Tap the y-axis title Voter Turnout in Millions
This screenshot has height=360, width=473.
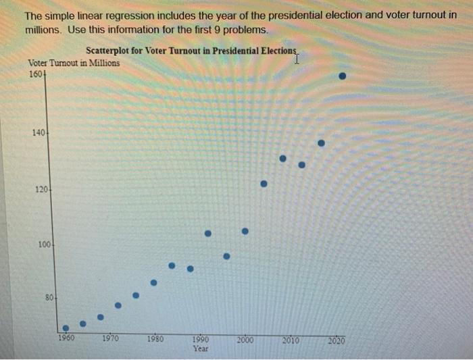(x=74, y=63)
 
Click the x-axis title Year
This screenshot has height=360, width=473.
(x=201, y=349)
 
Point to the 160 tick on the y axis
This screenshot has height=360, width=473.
(x=36, y=74)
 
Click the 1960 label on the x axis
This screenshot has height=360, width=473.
(x=66, y=340)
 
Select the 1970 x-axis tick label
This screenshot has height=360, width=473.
(x=110, y=340)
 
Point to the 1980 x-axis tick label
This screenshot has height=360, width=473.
(x=155, y=340)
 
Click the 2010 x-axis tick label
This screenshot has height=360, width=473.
(x=291, y=340)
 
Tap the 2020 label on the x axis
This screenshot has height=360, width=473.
(x=336, y=340)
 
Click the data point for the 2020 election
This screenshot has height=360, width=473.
(x=343, y=76)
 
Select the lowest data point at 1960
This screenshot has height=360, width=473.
(x=66, y=328)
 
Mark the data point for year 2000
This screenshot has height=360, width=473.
(x=245, y=231)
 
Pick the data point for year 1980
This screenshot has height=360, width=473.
(x=153, y=282)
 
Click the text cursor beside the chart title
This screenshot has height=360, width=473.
(x=297, y=59)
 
